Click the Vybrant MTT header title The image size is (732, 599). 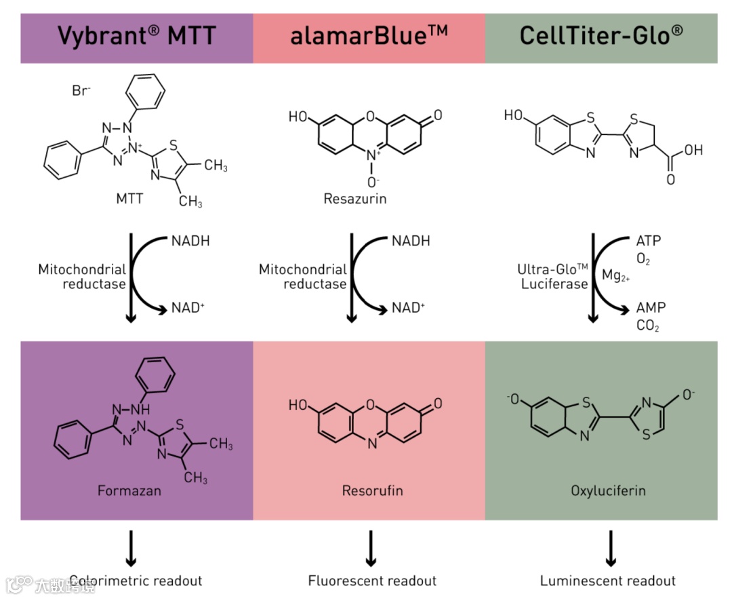coord(136,37)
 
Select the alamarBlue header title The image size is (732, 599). coord(369,37)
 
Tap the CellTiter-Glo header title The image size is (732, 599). coord(601,37)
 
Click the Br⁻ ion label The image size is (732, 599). coord(81,90)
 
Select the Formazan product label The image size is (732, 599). coord(129,490)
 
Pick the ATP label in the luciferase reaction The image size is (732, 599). coord(648,241)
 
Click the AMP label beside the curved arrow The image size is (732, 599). coord(651,308)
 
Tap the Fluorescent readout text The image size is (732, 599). coord(372,581)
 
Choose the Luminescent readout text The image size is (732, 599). coord(608,581)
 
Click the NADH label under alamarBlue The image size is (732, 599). coord(411,241)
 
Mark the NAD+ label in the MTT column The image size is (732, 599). coord(188,308)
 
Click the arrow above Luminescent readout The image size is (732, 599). coord(610,547)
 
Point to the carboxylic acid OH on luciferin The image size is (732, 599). coord(693,150)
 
